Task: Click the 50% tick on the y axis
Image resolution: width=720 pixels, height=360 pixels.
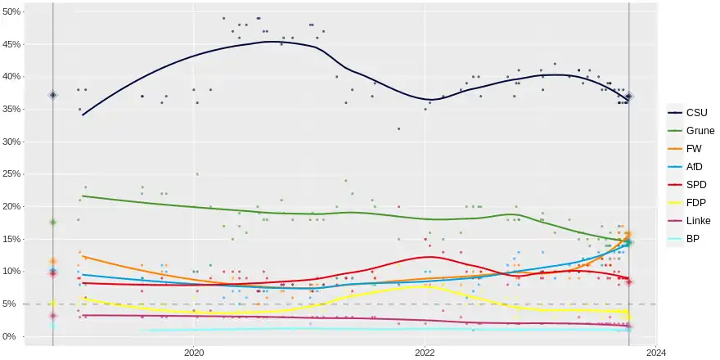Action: [12, 11]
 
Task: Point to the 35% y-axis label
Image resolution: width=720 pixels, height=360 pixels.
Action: [12, 109]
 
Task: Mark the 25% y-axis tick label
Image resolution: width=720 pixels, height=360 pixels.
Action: [12, 173]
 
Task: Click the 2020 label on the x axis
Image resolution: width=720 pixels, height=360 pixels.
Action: [194, 352]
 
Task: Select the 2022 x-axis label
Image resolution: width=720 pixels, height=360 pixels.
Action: [425, 352]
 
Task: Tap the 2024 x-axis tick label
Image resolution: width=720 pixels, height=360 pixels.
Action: [655, 352]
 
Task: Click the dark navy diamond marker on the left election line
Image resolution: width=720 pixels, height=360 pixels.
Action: [53, 95]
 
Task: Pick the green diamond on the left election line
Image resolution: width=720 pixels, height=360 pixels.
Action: [53, 222]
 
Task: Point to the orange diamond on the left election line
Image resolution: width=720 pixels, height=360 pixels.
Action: [53, 261]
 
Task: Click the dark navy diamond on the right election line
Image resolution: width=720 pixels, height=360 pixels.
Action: [629, 97]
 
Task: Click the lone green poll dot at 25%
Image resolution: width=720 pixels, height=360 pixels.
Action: [197, 174]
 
